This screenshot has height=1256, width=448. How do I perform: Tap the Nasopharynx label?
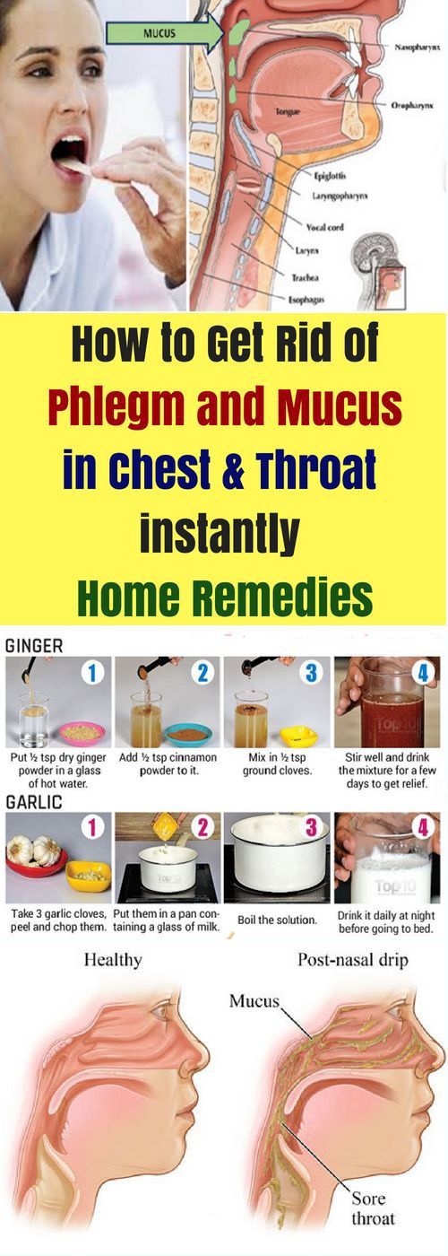point(417,47)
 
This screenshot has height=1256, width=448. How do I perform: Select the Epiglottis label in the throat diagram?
point(330,176)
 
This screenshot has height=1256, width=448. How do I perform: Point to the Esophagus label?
point(306,300)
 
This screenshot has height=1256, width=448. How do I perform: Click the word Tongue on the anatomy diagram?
point(288,112)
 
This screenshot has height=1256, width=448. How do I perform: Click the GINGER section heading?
point(34,646)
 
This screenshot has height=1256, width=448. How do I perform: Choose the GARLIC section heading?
point(34,802)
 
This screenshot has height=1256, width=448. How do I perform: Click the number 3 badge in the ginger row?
point(311,672)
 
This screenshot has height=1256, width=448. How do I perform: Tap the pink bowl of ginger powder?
point(82,730)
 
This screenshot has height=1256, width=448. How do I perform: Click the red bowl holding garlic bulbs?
point(37,859)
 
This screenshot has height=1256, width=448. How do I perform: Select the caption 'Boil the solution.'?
point(277,920)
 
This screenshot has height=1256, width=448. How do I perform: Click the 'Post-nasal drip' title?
point(353,959)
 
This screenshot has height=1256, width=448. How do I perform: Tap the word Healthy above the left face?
point(113,959)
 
